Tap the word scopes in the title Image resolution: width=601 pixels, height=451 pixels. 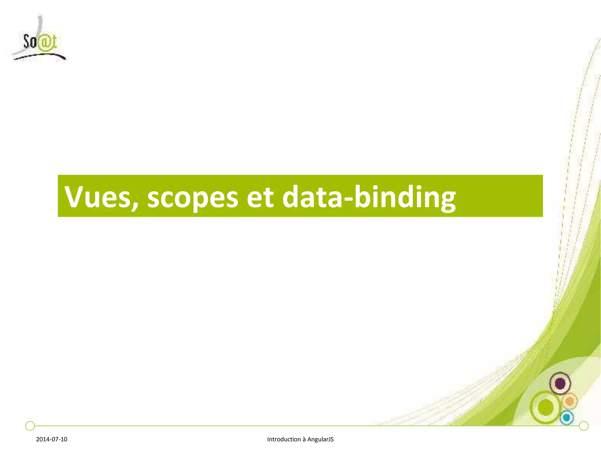coord(193,197)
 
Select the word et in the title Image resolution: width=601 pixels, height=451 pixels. coord(260,197)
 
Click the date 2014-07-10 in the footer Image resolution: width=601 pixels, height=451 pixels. coord(52,439)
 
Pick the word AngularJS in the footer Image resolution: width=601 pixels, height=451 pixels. coord(320,439)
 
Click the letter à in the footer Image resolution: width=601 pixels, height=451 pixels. coord(304,440)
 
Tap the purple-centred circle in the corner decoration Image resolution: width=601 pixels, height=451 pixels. coord(560,383)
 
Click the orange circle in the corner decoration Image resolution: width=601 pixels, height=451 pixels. coord(570,401)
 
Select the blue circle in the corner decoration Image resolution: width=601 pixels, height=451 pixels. coord(567,417)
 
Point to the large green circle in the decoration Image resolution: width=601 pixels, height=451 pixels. coord(546,407)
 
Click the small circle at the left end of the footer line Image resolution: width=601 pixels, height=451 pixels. coord(30,425)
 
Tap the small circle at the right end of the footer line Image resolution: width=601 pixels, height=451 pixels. coord(584,425)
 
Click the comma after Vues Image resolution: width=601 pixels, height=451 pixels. coord(135,206)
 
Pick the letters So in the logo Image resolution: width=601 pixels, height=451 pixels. coord(30,42)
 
